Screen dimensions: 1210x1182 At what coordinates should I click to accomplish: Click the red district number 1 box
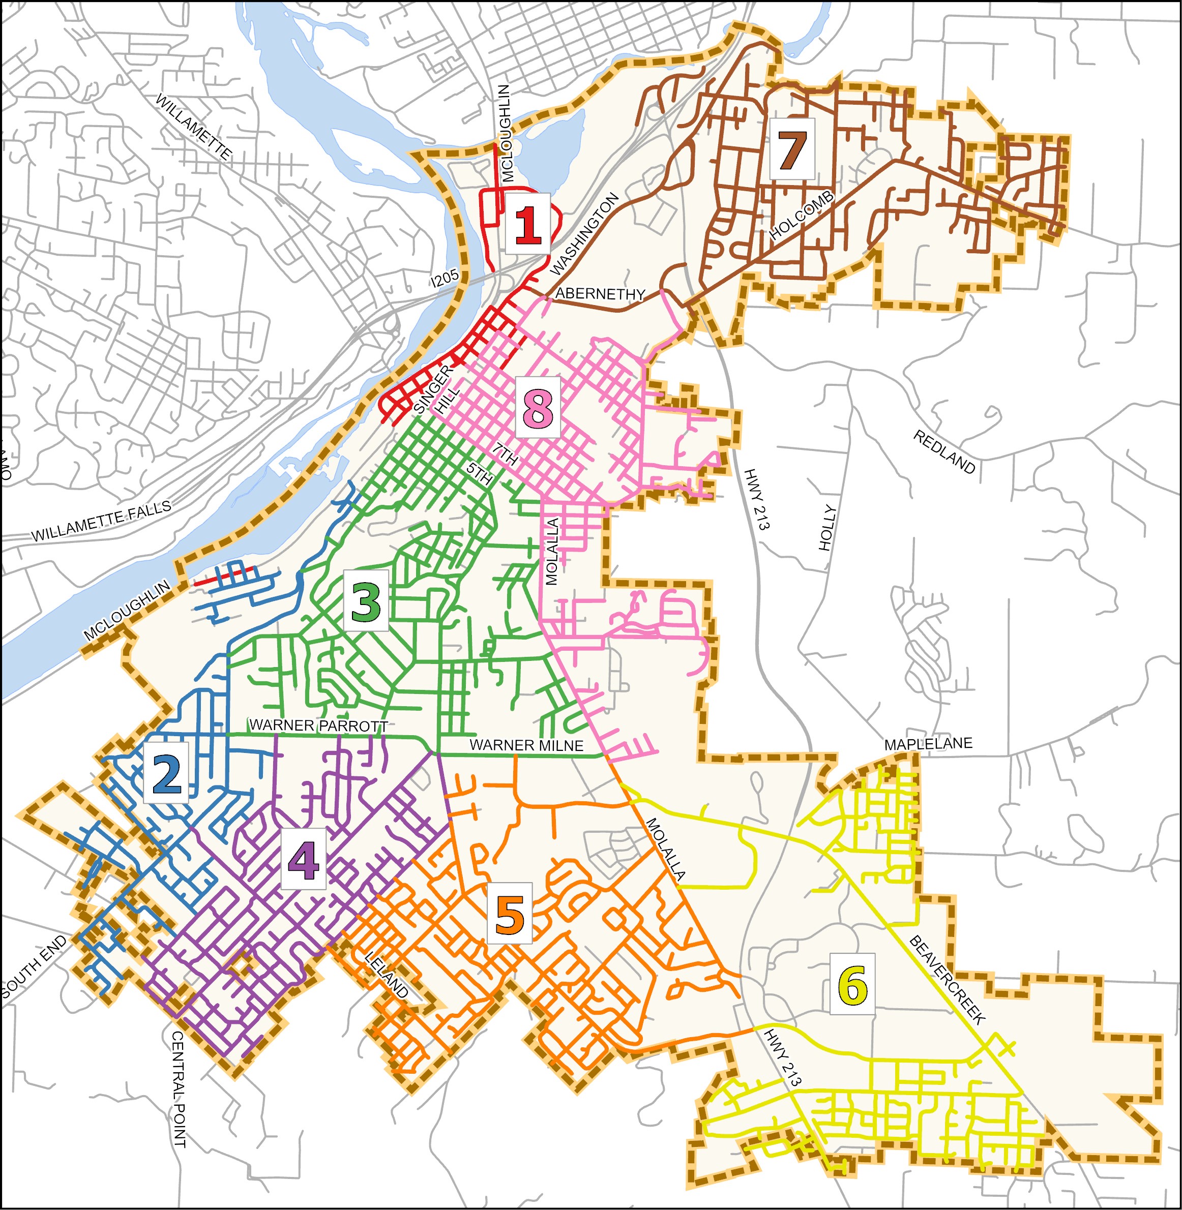coord(527,223)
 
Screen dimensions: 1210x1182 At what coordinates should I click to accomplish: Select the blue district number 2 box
coord(166,773)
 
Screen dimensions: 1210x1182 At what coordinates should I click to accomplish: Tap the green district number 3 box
coord(366,600)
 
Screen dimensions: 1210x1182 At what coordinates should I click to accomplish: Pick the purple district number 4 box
coord(303,859)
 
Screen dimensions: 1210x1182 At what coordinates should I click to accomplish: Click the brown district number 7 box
coord(792,149)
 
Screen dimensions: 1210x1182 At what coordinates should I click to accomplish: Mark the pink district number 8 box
coord(538,407)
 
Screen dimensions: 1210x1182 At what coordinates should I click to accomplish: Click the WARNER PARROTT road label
coord(318,725)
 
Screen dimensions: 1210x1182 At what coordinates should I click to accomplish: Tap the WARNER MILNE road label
coord(526,745)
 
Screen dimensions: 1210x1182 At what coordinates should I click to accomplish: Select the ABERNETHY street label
coord(600,293)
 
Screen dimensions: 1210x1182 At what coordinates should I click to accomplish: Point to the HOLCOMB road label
coord(802,216)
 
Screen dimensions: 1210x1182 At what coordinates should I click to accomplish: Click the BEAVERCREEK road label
coord(947,980)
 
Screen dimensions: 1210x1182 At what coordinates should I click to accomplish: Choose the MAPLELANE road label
coord(928,744)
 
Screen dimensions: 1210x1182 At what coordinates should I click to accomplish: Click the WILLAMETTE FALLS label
coord(101,521)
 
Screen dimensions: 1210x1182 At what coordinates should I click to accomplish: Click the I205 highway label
coord(445,278)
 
